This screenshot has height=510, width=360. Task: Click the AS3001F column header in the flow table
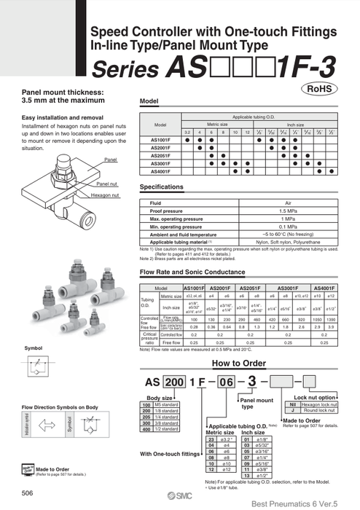point(286,288)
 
